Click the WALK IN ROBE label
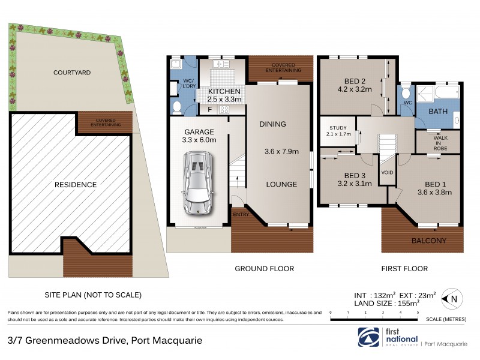pos(440,142)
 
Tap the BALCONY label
pos(428,241)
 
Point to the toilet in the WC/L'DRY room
pos(177,107)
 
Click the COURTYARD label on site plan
pos(72,73)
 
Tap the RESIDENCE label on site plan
pos(76,185)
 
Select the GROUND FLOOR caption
pos(264,269)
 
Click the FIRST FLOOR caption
pos(407,269)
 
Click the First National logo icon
pos(367,337)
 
